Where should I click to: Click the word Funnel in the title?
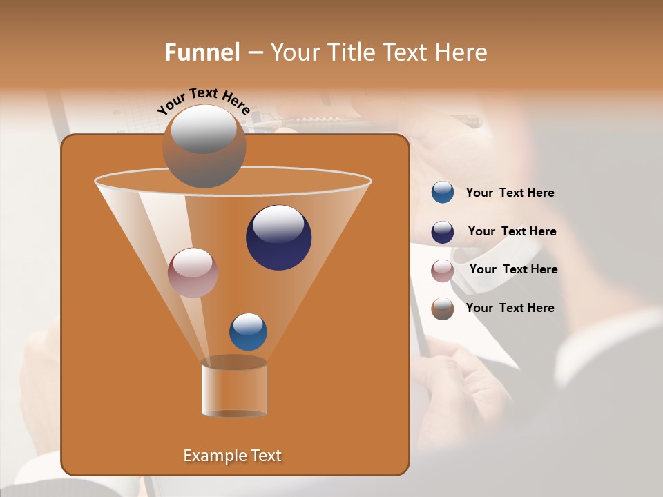click(x=202, y=52)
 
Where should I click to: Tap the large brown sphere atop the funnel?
click(x=204, y=148)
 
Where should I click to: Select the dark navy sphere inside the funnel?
click(x=278, y=238)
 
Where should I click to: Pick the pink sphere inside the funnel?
click(x=193, y=273)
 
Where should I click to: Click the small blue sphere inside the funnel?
click(x=248, y=332)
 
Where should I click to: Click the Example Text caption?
click(x=232, y=456)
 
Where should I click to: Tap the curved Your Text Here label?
click(x=204, y=101)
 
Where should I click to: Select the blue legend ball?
click(x=442, y=193)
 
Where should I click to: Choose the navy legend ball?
click(x=442, y=232)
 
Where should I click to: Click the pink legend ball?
click(x=442, y=271)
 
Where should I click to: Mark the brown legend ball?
click(x=442, y=309)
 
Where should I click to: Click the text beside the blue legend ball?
click(x=510, y=193)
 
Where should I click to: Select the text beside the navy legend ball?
click(x=512, y=231)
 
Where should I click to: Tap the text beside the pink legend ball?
click(x=513, y=269)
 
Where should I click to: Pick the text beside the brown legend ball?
click(x=510, y=308)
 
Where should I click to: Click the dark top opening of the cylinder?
click(x=234, y=362)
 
